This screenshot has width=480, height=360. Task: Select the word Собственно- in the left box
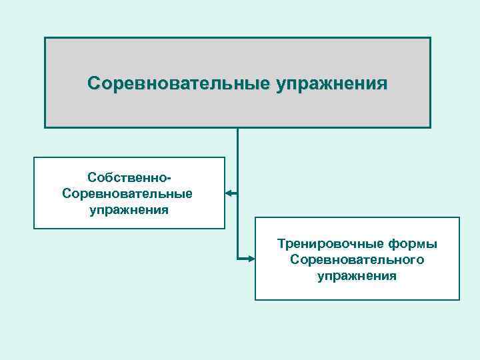129,177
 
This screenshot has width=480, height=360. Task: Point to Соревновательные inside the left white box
127,193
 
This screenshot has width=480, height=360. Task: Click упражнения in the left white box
129,209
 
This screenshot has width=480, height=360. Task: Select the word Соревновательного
357,259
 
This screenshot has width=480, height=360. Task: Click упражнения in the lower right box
357,275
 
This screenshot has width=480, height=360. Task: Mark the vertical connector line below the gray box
237,160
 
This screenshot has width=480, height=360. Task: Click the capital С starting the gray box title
93,84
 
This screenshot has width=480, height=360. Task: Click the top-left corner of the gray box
45,37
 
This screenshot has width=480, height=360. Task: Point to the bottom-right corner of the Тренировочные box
459,299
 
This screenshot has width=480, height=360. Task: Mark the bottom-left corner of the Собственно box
34,229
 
